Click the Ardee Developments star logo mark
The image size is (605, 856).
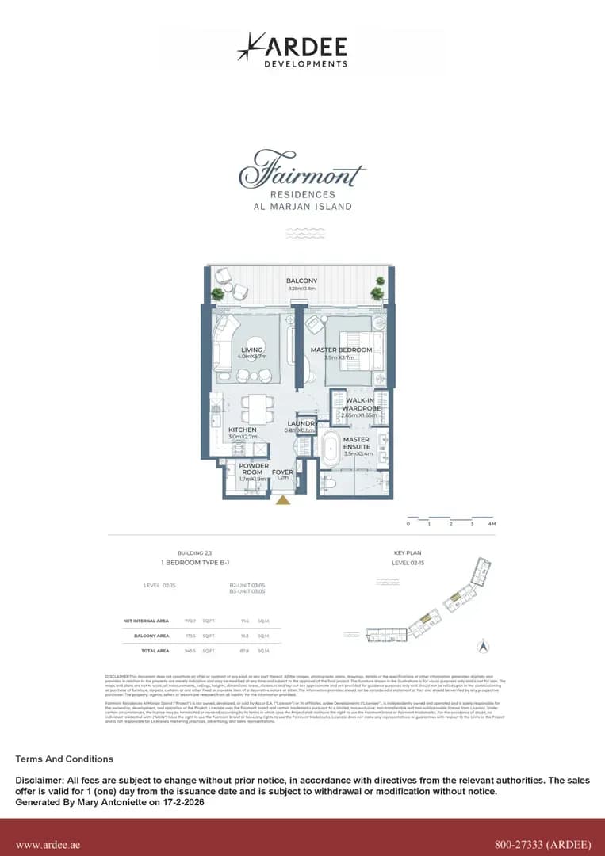point(251,47)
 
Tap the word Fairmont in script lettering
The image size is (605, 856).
point(302,172)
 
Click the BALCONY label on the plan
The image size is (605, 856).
point(301,281)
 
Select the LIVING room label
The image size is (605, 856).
point(252,350)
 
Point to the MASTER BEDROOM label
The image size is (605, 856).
point(341,350)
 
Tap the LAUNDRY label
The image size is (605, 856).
point(301,424)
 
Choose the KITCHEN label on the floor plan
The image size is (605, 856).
point(242,430)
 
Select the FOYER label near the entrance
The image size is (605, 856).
point(282,472)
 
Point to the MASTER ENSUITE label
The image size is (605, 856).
point(356,443)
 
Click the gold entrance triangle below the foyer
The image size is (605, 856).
point(282,499)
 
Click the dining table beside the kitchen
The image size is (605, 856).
point(255,409)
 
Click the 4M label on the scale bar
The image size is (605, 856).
point(492,524)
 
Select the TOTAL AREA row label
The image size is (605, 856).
point(155,650)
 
